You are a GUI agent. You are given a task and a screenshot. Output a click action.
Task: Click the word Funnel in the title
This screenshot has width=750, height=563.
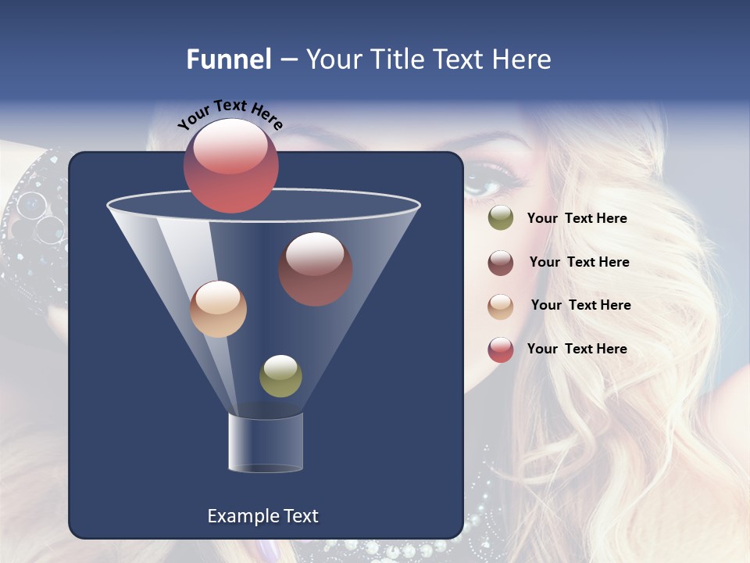(228, 59)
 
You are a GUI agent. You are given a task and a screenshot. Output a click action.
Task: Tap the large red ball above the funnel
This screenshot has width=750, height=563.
(231, 166)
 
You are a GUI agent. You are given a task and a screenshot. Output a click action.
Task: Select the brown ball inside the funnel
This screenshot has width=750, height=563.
(316, 269)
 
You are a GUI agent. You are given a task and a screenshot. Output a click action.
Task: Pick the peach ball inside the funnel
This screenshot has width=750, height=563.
(218, 309)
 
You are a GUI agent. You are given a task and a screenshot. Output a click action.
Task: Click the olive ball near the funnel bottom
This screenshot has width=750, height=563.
(280, 376)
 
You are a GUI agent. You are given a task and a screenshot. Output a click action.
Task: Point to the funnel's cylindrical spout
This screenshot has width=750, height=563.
(266, 443)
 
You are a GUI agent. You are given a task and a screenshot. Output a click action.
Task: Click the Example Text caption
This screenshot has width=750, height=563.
(262, 516)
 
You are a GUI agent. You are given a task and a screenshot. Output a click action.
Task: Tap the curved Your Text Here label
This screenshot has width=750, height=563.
(230, 114)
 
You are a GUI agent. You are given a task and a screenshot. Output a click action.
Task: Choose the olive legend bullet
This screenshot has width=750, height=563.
(501, 218)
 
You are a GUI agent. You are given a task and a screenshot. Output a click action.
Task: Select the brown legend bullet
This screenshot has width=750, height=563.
(501, 263)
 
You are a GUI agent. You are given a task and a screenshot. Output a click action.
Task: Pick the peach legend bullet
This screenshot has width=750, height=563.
(501, 306)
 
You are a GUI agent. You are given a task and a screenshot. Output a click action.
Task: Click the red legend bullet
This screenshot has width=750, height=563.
(501, 350)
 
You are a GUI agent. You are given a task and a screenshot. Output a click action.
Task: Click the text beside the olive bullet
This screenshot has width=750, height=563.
(577, 218)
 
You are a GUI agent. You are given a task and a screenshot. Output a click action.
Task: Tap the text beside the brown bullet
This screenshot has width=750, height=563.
(579, 262)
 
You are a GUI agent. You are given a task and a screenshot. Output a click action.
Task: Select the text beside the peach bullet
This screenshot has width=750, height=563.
(580, 305)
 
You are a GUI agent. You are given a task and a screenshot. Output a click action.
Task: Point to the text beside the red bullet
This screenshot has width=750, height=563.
(577, 349)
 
